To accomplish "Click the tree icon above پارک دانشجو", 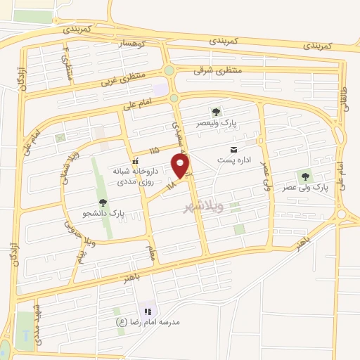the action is click(x=103, y=202).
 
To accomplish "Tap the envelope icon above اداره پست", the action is click(x=233, y=149).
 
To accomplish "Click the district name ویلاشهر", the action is click(x=203, y=206).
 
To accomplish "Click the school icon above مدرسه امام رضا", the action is click(x=148, y=311).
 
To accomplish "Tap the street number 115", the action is click(x=154, y=150).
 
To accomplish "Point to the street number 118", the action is click(x=172, y=184).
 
